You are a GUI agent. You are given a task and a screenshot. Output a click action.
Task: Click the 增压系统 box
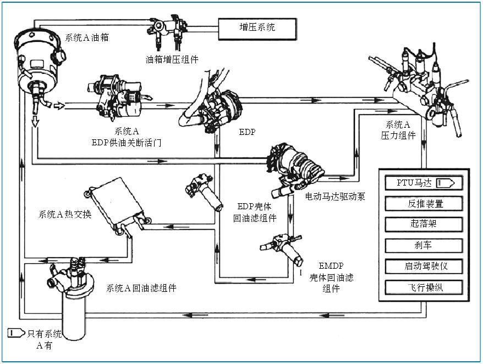click(x=257, y=28)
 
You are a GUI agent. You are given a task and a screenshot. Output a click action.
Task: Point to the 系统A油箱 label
click(x=87, y=37)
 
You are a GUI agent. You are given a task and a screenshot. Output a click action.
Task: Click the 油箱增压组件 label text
click(x=172, y=59)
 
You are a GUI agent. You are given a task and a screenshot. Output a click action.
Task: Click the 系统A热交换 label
click(x=65, y=214)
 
